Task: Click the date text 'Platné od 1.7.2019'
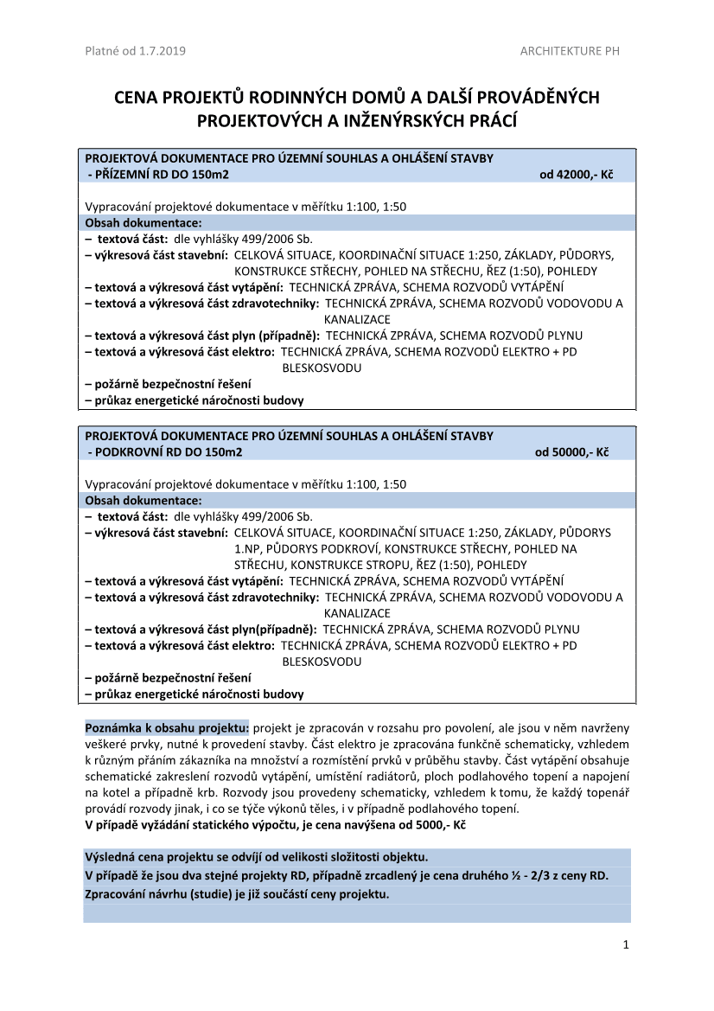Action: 135,51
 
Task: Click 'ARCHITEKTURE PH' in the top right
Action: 570,51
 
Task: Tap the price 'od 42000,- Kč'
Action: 576,175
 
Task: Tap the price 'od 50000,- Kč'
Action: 571,452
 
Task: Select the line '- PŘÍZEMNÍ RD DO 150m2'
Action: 159,175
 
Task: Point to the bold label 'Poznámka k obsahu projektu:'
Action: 167,727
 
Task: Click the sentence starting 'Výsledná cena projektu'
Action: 256,857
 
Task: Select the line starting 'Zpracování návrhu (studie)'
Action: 237,894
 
